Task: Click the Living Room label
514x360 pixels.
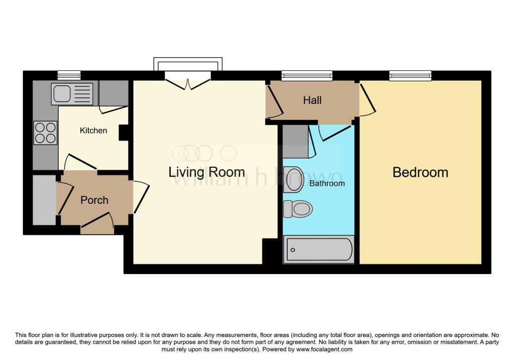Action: (206, 172)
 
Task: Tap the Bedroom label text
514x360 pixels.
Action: (420, 172)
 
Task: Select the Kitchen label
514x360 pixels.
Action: (93, 131)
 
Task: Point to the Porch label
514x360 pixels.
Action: (94, 200)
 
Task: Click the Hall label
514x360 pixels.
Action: (312, 100)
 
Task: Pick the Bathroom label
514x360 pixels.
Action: (327, 183)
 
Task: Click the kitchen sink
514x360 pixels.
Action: (72, 94)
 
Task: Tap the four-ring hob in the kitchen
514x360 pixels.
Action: (45, 133)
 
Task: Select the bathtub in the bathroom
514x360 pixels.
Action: (319, 250)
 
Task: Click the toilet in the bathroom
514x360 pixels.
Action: (298, 209)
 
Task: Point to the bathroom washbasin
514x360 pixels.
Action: (293, 180)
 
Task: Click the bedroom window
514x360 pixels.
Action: (411, 76)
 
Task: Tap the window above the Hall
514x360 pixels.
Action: (307, 76)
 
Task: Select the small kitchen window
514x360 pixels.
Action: (69, 75)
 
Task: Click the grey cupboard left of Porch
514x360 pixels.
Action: (44, 200)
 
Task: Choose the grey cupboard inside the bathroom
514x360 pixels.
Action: (296, 141)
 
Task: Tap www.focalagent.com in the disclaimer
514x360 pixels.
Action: (324, 349)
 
